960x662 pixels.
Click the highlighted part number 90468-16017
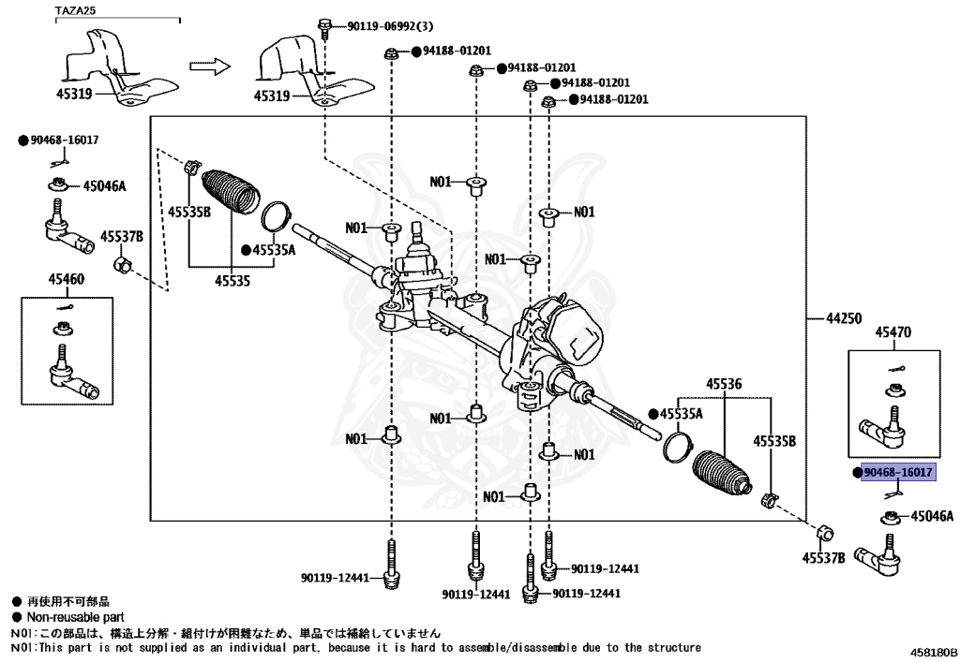point(897,473)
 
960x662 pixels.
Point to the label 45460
point(67,279)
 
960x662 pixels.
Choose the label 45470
point(893,331)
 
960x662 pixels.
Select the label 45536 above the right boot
point(724,384)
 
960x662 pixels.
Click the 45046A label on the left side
point(104,185)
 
